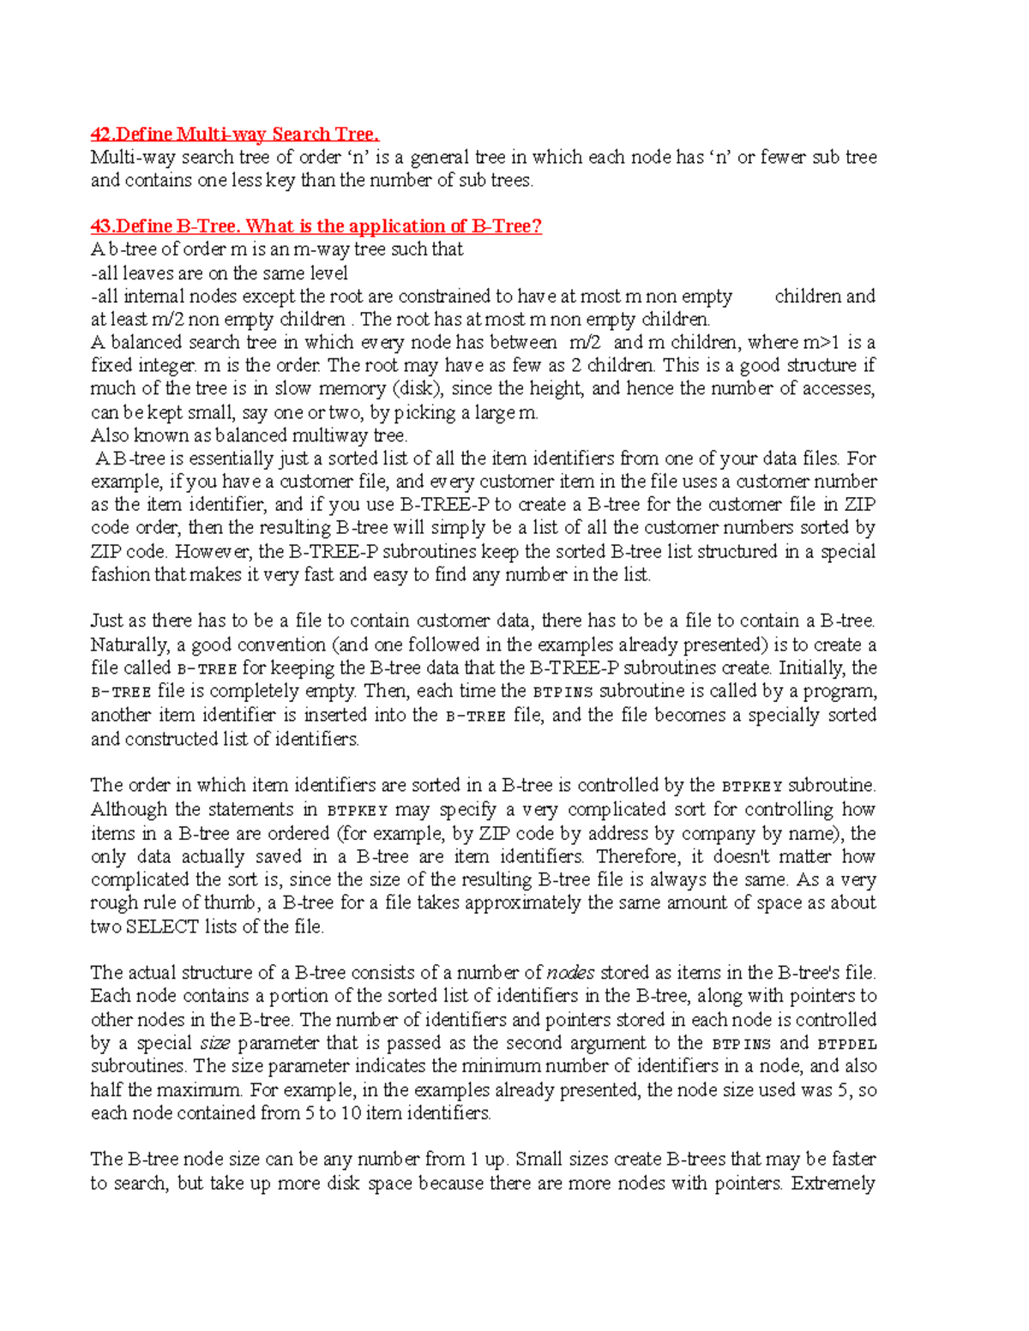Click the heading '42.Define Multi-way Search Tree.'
click(235, 134)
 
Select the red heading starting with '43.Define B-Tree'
click(316, 226)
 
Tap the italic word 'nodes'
click(570, 973)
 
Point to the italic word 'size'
click(214, 1043)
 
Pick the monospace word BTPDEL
click(847, 1044)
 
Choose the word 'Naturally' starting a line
click(129, 645)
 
